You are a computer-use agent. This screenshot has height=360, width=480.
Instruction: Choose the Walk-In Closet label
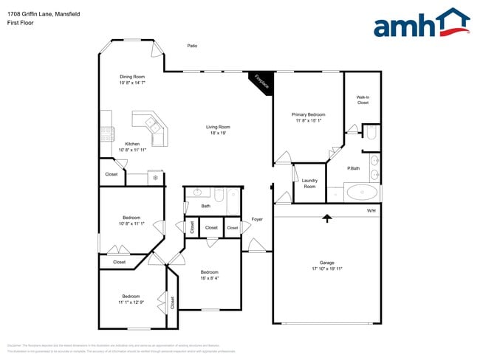363,100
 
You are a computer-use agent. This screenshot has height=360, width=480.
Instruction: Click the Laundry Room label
309,184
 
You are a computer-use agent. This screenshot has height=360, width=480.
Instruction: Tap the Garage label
327,263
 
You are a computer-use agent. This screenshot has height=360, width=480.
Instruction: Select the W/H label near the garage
371,211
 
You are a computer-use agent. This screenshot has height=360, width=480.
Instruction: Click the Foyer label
257,219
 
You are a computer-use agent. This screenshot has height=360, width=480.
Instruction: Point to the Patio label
192,46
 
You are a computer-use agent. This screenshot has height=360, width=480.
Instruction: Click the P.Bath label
354,168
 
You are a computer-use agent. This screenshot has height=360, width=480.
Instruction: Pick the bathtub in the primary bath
362,193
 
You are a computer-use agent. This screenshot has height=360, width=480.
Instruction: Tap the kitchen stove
108,134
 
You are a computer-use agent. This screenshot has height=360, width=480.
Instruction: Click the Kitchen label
132,144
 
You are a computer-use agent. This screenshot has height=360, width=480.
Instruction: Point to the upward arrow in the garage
326,218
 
